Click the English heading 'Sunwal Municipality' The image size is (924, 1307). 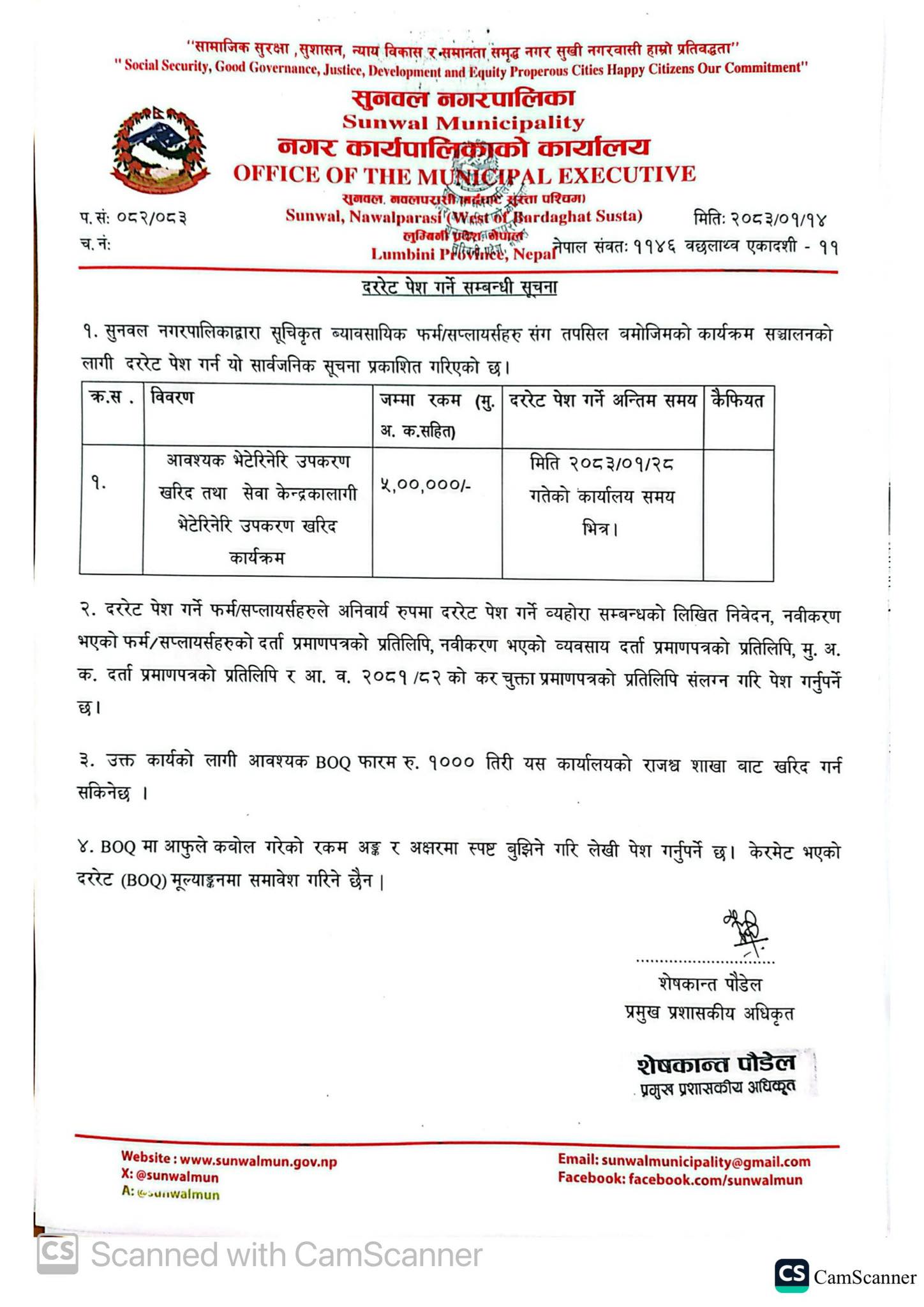(463, 122)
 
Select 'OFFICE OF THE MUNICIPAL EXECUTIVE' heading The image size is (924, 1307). (464, 174)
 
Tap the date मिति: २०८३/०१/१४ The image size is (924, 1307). (759, 219)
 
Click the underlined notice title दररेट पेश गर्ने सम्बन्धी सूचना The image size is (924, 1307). (459, 288)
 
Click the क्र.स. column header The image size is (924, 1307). (112, 399)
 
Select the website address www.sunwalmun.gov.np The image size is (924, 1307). (258, 1161)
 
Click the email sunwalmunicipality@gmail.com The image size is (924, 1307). (705, 1161)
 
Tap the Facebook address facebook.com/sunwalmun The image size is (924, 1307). (715, 1179)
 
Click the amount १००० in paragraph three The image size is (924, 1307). (451, 763)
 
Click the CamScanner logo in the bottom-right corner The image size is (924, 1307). (791, 1276)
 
